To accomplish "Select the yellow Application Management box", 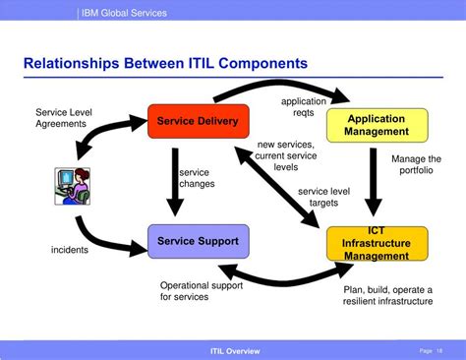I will point(377,125).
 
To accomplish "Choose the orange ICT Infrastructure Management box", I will point(377,243).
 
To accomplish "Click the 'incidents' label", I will point(70,250).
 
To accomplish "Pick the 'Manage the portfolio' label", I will point(417,164).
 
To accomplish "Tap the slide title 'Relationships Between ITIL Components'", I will point(164,64).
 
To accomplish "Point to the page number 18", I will point(437,350).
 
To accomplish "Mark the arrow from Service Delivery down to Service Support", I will point(175,182).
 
